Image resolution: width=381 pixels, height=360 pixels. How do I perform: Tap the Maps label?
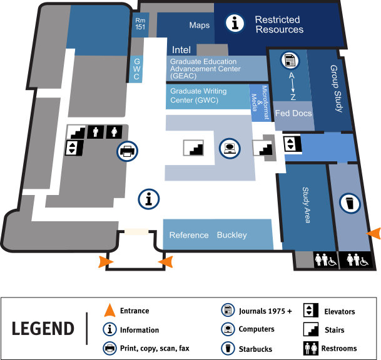click(x=200, y=26)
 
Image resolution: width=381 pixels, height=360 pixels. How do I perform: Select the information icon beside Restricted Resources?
click(x=235, y=24)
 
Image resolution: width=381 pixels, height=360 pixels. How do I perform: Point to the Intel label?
click(x=181, y=49)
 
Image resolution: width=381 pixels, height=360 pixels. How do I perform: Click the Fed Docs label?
click(x=293, y=113)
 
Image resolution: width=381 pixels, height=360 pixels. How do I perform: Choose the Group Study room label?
click(x=337, y=89)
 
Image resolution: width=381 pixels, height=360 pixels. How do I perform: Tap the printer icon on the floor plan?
click(x=128, y=151)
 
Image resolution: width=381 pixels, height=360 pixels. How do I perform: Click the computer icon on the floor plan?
click(x=230, y=149)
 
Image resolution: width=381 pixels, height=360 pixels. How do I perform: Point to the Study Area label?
click(x=306, y=205)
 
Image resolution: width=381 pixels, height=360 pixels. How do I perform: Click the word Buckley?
click(x=231, y=235)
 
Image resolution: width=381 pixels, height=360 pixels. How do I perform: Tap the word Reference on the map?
click(x=189, y=235)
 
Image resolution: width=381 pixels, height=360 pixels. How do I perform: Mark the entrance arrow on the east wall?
click(x=373, y=233)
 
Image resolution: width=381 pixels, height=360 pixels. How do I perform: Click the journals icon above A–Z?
click(x=291, y=61)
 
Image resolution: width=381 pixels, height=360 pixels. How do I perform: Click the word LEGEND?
click(x=43, y=328)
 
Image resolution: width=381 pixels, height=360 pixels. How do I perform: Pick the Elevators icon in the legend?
click(x=309, y=311)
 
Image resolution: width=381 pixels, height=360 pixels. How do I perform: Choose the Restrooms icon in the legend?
click(x=309, y=349)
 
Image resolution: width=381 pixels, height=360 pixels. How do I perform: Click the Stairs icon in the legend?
click(x=309, y=330)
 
